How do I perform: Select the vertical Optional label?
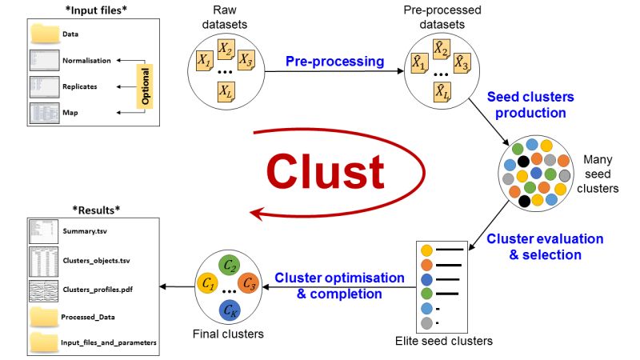[145, 86]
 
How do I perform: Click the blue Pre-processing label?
[336, 61]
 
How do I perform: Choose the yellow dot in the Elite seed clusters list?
[426, 251]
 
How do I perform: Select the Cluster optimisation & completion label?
[339, 285]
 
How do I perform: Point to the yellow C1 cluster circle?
[207, 284]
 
